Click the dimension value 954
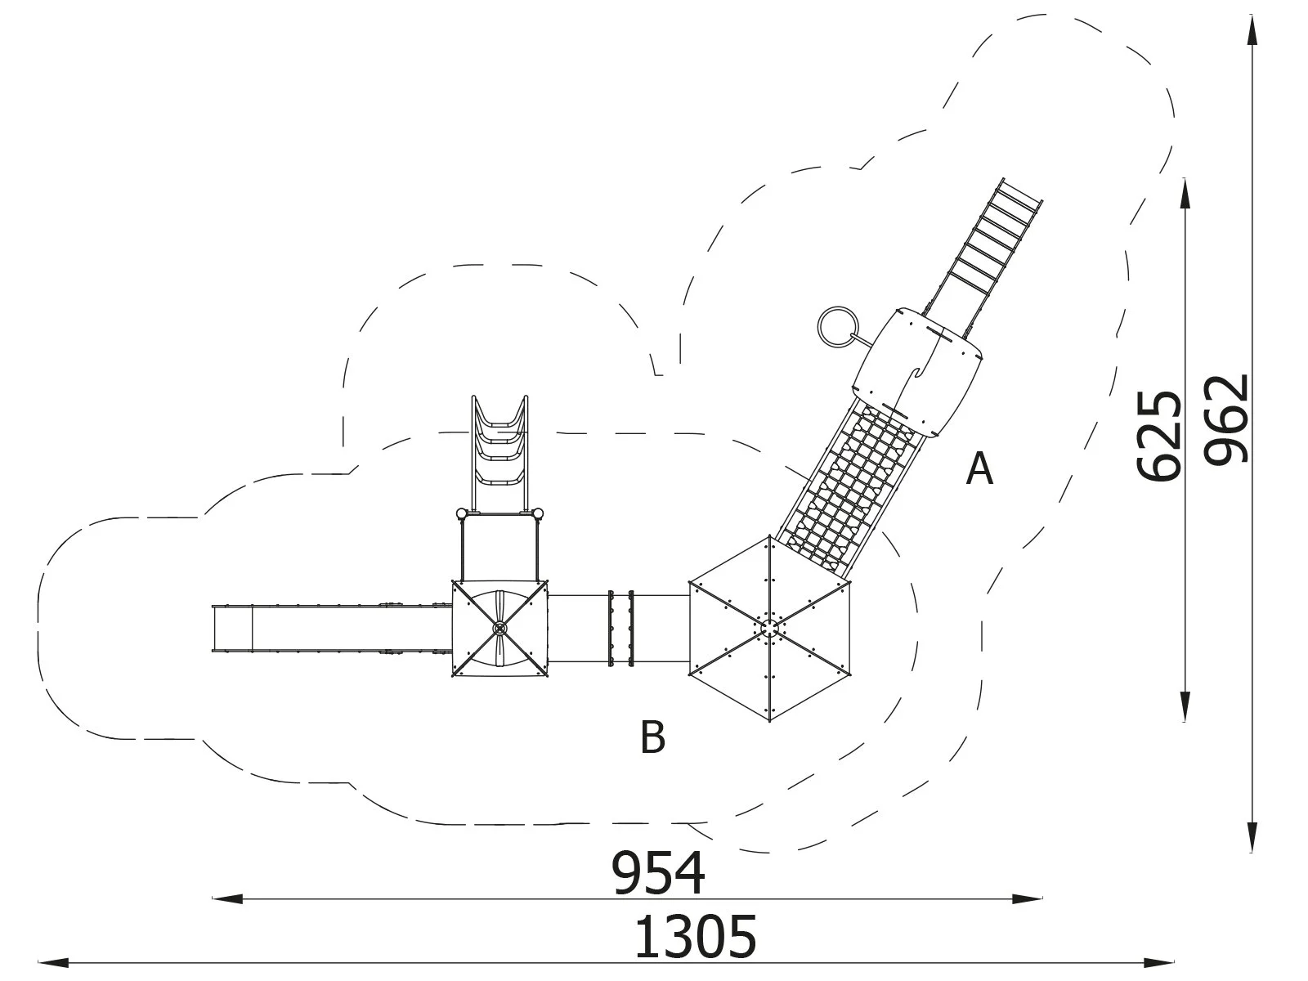tap(659, 872)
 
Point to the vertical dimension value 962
tap(1228, 419)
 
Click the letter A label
tap(979, 469)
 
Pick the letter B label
tap(652, 737)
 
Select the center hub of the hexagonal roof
tap(769, 627)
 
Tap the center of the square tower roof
tap(499, 628)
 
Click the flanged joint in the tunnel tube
tap(619, 627)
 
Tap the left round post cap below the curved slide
tap(461, 514)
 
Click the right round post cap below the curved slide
tap(537, 514)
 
